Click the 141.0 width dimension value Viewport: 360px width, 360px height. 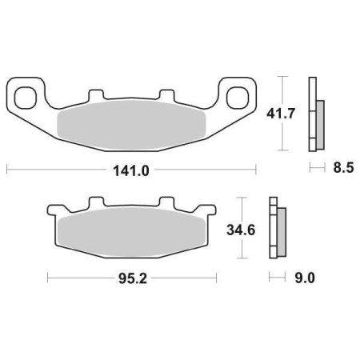pyautogui.click(x=131, y=170)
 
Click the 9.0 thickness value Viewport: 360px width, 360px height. pyautogui.click(x=305, y=279)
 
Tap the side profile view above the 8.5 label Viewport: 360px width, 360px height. pyautogui.click(x=316, y=114)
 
